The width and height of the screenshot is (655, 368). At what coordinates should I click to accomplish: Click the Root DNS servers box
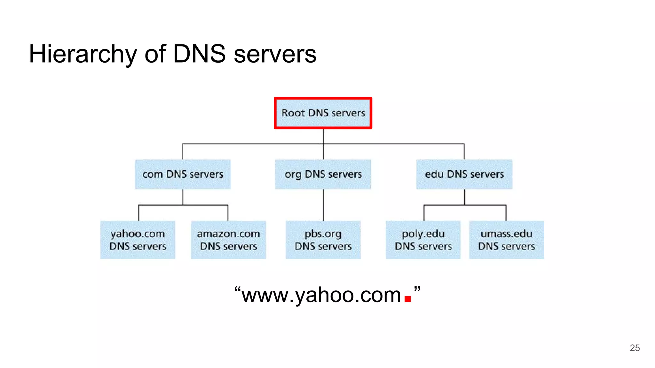tap(323, 113)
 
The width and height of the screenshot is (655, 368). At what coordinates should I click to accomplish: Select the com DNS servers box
tap(183, 174)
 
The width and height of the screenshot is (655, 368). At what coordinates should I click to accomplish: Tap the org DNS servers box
tap(323, 174)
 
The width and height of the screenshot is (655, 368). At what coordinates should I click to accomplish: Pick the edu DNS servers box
tap(464, 174)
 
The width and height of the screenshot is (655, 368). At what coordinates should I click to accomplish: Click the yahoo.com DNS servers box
tap(138, 240)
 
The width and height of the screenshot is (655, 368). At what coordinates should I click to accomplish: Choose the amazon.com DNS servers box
tap(228, 240)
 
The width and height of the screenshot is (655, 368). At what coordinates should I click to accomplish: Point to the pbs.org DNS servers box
tap(323, 240)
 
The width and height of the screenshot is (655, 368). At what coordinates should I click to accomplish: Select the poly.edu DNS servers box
tap(423, 240)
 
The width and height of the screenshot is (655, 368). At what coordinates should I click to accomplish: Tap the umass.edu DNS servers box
tap(506, 240)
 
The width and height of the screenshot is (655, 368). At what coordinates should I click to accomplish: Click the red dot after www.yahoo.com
tap(407, 299)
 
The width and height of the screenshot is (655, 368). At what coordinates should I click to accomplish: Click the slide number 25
tap(635, 348)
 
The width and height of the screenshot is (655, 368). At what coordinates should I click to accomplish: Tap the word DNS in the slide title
tap(199, 54)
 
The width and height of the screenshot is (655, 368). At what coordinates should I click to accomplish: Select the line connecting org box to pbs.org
tap(323, 205)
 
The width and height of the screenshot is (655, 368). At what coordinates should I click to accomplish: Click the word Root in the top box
tap(293, 113)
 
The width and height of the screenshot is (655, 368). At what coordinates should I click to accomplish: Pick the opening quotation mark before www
tap(237, 290)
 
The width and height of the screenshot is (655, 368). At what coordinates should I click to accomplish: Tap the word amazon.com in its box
tap(228, 234)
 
